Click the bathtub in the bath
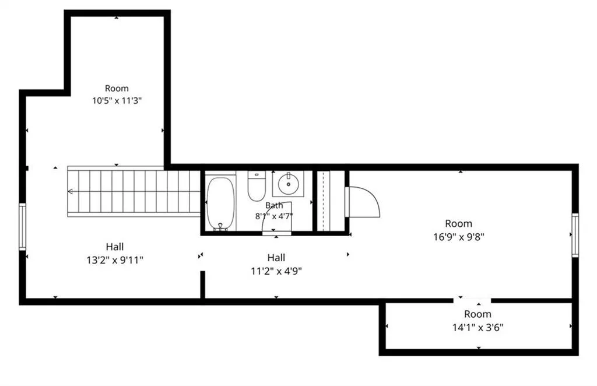pos(220,203)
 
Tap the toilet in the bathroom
pos(257,186)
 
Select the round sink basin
pos(288,184)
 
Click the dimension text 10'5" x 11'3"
pos(117,101)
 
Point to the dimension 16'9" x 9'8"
pos(459,237)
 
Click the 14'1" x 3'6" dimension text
pos(478,327)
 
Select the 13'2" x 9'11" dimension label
pos(115,261)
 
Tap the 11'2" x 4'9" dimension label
pos(276,271)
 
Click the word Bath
pos(274,205)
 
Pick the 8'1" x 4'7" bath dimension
pos(274,216)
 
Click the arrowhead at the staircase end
pos(70,191)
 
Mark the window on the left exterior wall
pos(23,227)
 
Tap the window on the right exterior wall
pos(575,235)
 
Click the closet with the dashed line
pos(331,201)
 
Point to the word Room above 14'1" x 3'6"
pos(477,314)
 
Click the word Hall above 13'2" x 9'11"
pos(115,247)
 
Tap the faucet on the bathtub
pos(220,227)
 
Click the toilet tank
pos(257,175)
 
